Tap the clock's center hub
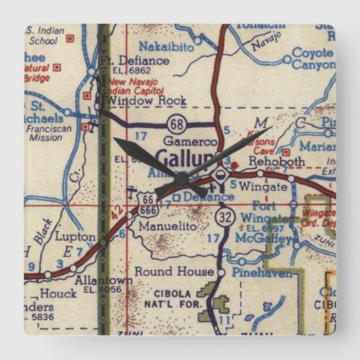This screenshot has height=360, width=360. [x=181, y=178]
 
